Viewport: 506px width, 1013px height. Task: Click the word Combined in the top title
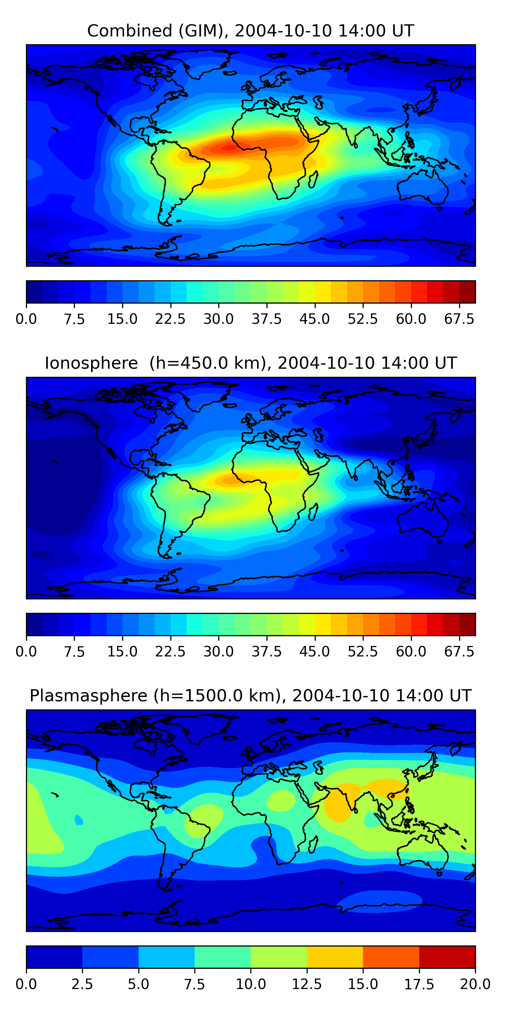tap(130, 31)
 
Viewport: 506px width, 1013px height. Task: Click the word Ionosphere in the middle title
tap(91, 363)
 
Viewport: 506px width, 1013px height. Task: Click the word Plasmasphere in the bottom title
tap(88, 696)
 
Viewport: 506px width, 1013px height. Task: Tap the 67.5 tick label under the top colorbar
tap(459, 319)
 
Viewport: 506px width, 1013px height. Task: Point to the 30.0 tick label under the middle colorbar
tap(219, 652)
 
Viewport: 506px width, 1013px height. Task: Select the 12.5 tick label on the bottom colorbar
tap(307, 984)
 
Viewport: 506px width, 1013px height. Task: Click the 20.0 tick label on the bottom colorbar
tap(475, 984)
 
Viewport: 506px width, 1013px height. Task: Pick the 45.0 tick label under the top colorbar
tap(315, 319)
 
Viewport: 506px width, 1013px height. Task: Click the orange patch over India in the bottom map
tap(339, 802)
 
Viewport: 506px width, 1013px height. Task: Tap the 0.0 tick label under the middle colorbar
tap(26, 652)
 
